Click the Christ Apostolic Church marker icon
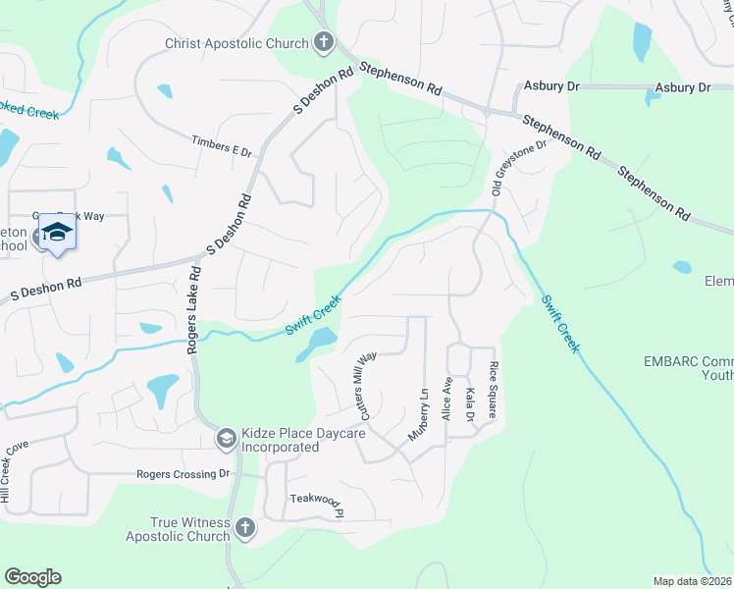click(324, 42)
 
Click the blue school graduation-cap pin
click(57, 233)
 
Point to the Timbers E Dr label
click(223, 145)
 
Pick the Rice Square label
click(494, 392)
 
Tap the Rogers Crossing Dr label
click(182, 474)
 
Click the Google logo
click(32, 577)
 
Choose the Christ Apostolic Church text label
click(236, 42)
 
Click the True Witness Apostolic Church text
click(177, 529)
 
